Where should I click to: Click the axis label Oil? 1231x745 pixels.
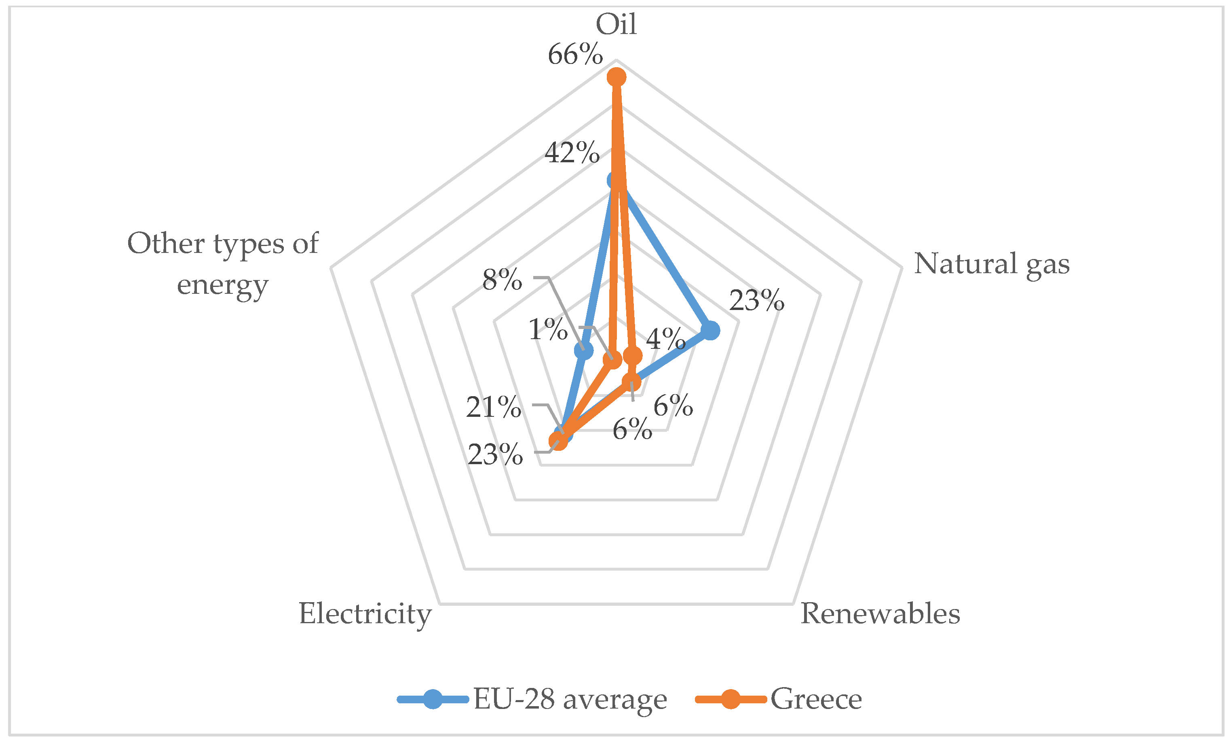tap(616, 24)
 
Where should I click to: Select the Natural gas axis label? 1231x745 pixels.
tap(991, 263)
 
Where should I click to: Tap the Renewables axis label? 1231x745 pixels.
tap(880, 613)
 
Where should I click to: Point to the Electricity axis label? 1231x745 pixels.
tap(365, 613)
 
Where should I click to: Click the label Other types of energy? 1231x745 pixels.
tap(223, 264)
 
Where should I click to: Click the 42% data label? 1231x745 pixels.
tap(572, 152)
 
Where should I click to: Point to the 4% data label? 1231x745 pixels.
tap(665, 339)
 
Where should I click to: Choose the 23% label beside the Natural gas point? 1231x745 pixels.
tap(756, 300)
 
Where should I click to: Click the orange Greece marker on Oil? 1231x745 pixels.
tap(617, 77)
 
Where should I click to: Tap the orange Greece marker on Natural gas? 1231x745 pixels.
tap(633, 356)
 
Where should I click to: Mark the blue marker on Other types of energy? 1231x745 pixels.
tap(583, 351)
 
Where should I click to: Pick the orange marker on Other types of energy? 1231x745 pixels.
tap(612, 359)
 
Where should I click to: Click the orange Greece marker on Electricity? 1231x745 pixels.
tap(558, 441)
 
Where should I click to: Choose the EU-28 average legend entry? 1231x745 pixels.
tap(532, 698)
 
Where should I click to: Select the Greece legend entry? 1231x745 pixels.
tap(779, 698)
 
